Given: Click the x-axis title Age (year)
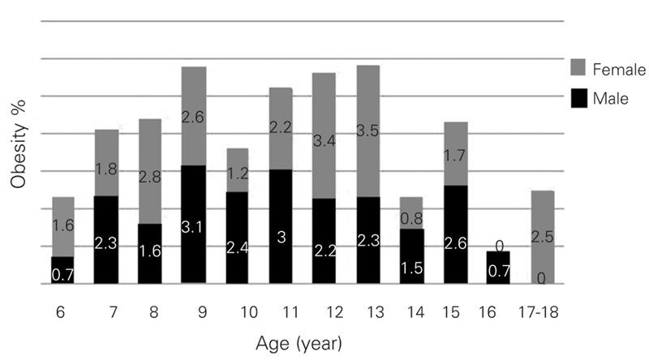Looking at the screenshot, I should click(296, 344).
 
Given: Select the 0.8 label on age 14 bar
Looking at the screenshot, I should click(412, 217).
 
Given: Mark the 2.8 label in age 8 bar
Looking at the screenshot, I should click(149, 177).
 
